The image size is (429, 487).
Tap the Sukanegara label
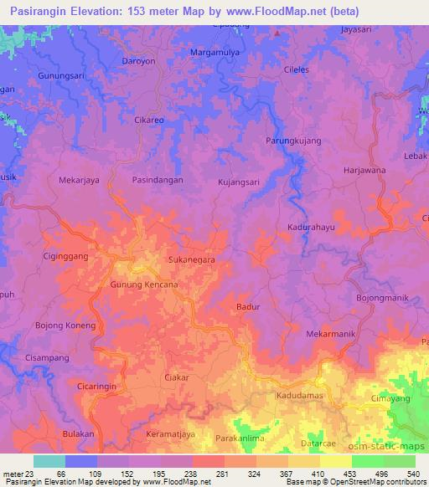192,260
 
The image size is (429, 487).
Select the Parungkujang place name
293,140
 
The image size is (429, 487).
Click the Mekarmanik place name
331,334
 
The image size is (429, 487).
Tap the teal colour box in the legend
49,461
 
